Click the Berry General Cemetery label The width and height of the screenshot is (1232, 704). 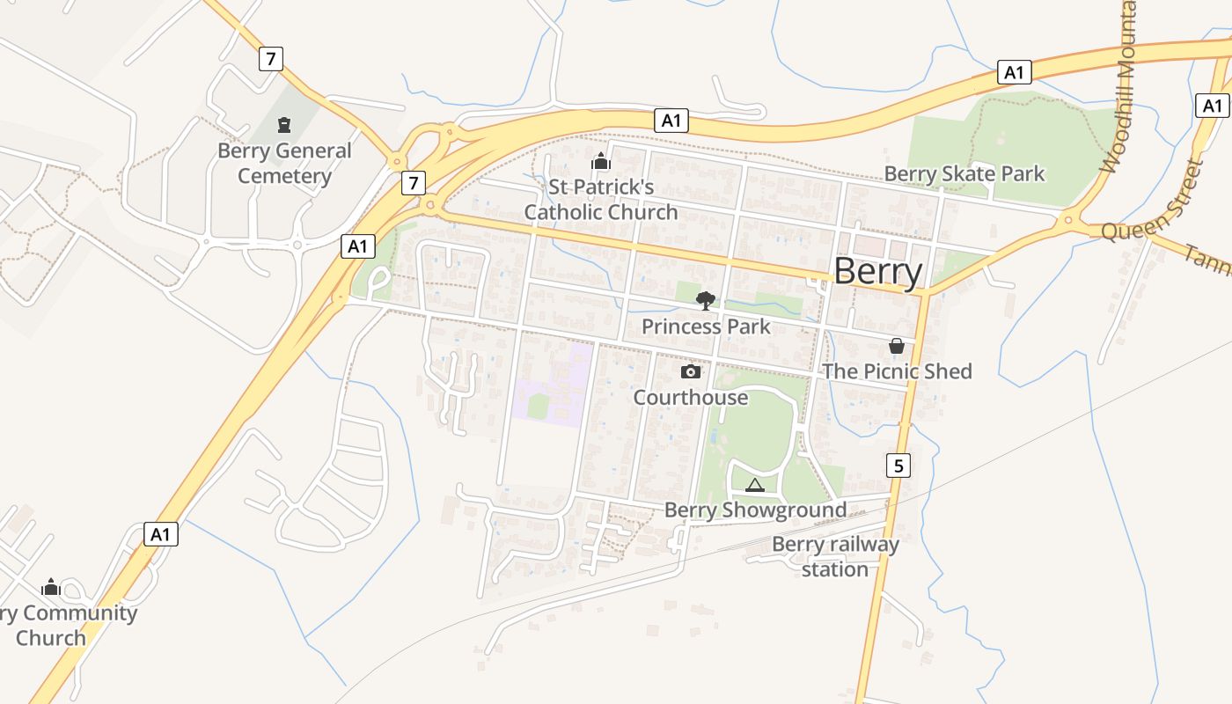pyautogui.click(x=284, y=163)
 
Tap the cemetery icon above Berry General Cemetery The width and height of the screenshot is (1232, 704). pyautogui.click(x=284, y=125)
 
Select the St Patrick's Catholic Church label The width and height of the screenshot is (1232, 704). pyautogui.click(x=601, y=200)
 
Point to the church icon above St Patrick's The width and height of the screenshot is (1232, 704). pyautogui.click(x=601, y=161)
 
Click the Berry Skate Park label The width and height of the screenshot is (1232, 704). pyautogui.click(x=964, y=173)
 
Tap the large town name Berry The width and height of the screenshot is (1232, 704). pyautogui.click(x=877, y=271)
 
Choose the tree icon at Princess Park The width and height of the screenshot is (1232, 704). pyautogui.click(x=705, y=301)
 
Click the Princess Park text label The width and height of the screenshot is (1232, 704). pyautogui.click(x=706, y=326)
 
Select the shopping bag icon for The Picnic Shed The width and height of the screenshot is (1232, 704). pyautogui.click(x=896, y=346)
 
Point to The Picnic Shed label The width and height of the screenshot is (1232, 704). pyautogui.click(x=897, y=371)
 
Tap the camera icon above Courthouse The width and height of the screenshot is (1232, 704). pyautogui.click(x=691, y=371)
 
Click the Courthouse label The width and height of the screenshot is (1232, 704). pyautogui.click(x=691, y=398)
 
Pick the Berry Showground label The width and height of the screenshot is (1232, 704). pyautogui.click(x=755, y=510)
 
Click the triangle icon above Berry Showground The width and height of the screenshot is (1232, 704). pyautogui.click(x=755, y=485)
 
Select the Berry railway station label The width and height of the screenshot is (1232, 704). pyautogui.click(x=835, y=556)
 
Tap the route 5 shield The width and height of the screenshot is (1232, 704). pyautogui.click(x=898, y=466)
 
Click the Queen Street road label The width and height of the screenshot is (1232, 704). pyautogui.click(x=1153, y=202)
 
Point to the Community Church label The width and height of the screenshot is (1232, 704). pyautogui.click(x=66, y=626)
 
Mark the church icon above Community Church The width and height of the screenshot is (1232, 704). pyautogui.click(x=51, y=587)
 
